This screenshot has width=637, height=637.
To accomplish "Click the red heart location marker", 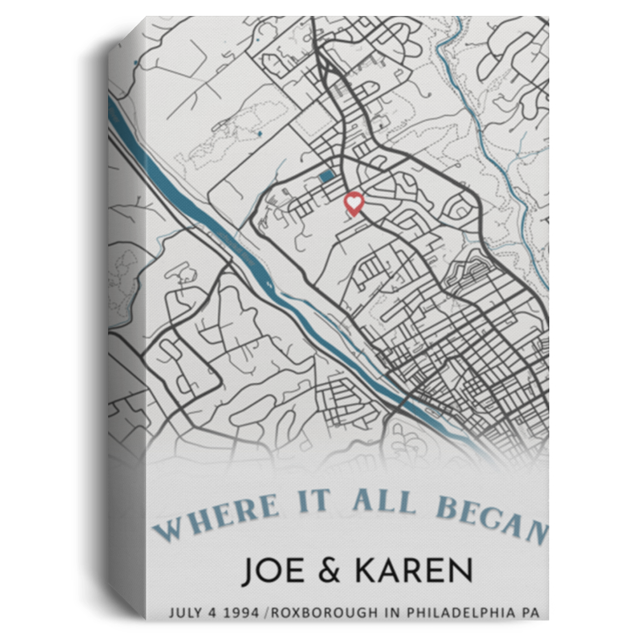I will click(353, 203).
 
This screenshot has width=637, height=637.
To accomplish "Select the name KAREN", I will click(414, 571).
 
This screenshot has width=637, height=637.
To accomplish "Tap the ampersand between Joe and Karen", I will click(330, 572).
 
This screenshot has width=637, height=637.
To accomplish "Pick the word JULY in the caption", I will click(185, 612).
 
